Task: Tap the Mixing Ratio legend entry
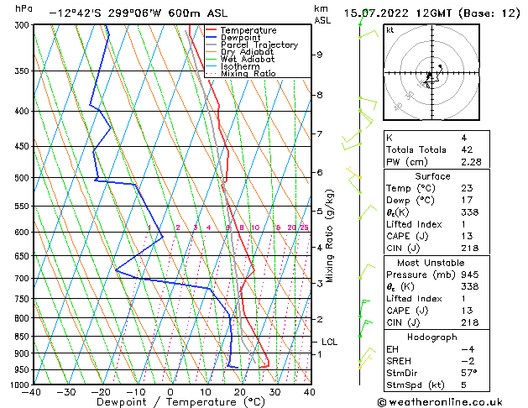[x=248, y=74]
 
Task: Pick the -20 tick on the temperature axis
[x=101, y=392]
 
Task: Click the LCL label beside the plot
[x=330, y=342]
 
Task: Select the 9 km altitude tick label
[x=320, y=55]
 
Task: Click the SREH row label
[x=399, y=361]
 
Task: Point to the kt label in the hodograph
[x=389, y=29]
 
